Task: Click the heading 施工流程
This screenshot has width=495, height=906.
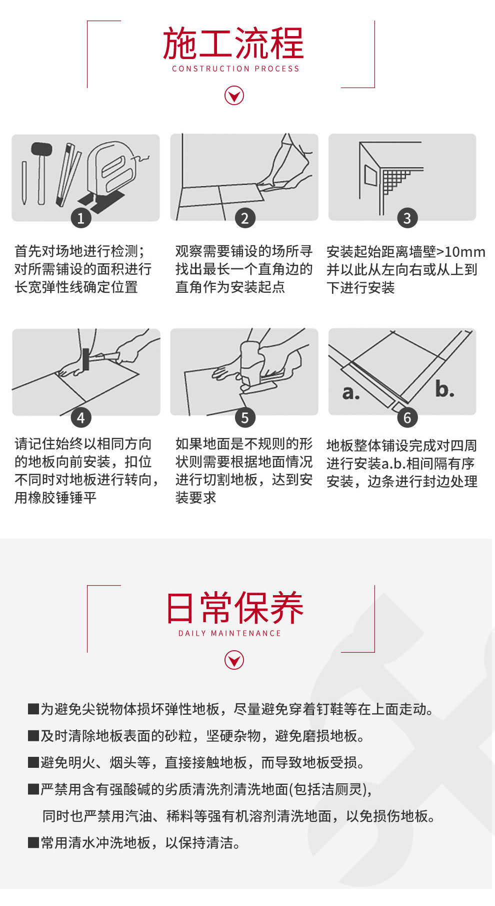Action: [x=233, y=44]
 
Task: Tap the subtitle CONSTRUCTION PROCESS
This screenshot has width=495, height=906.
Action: [x=235, y=69]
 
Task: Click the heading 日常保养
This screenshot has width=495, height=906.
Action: [x=234, y=608]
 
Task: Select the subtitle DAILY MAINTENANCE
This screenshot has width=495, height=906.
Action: [x=230, y=633]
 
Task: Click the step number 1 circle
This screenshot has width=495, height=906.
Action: [x=81, y=218]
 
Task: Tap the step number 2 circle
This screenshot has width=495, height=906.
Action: [x=244, y=218]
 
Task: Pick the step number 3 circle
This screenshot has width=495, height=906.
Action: [x=407, y=218]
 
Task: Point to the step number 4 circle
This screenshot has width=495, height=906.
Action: [x=81, y=417]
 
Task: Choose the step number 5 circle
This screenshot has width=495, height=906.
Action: [x=244, y=417]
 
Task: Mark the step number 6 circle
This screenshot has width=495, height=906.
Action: [x=407, y=417]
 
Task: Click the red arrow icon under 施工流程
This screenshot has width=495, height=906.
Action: [x=234, y=95]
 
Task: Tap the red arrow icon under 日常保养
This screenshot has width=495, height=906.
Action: [x=234, y=660]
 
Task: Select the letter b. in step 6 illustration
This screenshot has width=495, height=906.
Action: [x=444, y=388]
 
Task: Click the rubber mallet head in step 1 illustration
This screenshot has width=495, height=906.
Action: [x=41, y=149]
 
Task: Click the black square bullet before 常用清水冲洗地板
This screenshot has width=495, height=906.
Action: [x=33, y=843]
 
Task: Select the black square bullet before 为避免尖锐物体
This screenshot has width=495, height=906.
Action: [x=33, y=709]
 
